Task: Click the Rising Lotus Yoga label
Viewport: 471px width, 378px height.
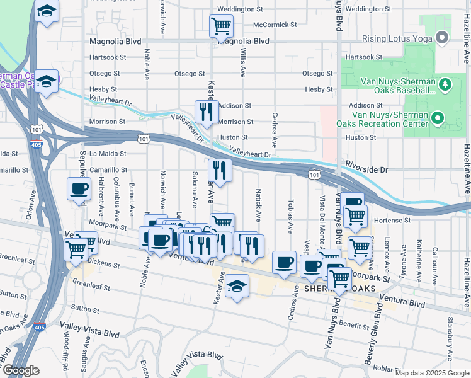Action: [399, 38]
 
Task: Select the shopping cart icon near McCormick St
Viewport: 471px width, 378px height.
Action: [221, 26]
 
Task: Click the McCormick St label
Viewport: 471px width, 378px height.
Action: [275, 25]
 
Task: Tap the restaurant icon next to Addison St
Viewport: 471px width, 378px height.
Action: [207, 112]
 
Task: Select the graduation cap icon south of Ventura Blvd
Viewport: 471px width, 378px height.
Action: [237, 287]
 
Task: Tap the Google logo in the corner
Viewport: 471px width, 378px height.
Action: [20, 370]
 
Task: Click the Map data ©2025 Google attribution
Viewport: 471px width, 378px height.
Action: [432, 373]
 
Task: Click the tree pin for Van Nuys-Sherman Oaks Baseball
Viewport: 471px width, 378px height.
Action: [444, 84]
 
